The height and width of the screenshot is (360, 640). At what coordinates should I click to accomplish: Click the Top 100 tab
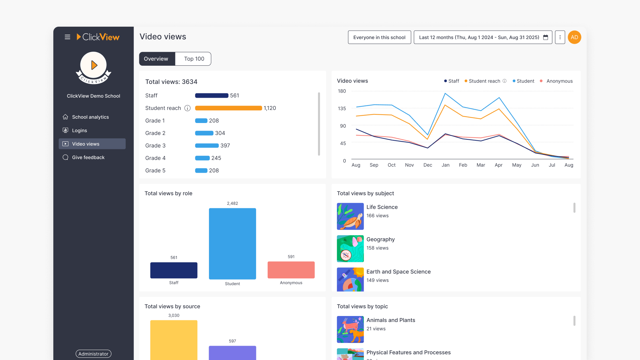(194, 59)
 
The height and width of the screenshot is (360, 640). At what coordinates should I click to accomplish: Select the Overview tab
(156, 59)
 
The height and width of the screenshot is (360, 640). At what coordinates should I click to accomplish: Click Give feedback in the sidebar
(88, 157)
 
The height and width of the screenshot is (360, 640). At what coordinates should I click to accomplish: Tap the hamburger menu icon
(67, 37)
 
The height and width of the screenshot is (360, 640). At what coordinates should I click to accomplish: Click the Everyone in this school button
(379, 37)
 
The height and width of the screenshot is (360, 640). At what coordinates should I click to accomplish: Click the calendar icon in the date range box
(545, 37)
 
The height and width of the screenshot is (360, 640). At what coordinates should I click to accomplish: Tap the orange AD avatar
(574, 37)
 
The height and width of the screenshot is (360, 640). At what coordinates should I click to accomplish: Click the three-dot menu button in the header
(560, 37)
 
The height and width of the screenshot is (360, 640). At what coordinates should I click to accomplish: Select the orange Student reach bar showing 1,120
(228, 108)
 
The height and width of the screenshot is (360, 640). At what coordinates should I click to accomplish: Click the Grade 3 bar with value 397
(207, 146)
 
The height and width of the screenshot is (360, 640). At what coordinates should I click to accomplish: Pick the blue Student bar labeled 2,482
(232, 243)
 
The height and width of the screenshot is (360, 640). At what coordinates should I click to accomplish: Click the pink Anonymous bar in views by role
(291, 270)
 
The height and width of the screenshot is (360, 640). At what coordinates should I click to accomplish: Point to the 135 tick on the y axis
(342, 108)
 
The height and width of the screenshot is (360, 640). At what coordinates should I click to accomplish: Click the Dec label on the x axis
(427, 165)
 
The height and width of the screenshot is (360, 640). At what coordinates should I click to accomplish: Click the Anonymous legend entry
(559, 81)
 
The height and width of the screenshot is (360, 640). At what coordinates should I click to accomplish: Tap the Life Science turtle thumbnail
(350, 216)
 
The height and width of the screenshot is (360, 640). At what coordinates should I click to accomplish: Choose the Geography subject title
(380, 239)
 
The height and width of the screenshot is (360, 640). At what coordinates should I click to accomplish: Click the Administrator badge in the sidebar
(93, 354)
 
